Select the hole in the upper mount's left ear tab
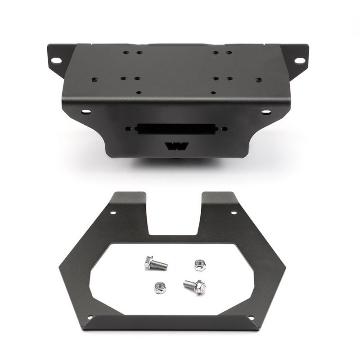tap(56, 60)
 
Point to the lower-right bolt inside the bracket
tap(194, 285)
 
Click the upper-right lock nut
tap(199, 265)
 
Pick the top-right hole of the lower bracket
tap(234, 212)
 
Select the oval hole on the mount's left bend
tap(85, 111)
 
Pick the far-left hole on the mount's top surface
tap(94, 80)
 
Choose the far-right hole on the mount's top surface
tap(258, 80)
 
